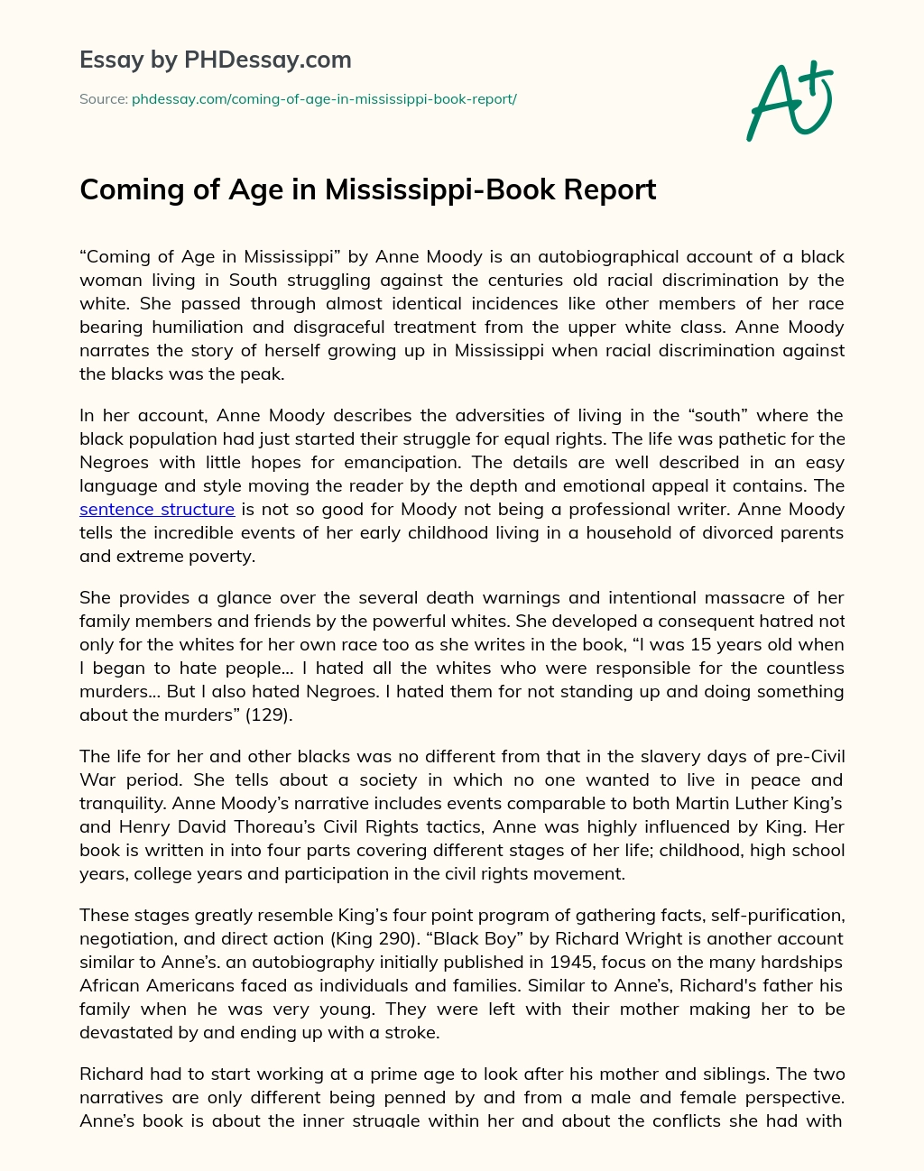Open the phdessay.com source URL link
[324, 99]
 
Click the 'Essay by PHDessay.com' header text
[216, 60]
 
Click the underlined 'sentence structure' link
[157, 509]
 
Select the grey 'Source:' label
[103, 99]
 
